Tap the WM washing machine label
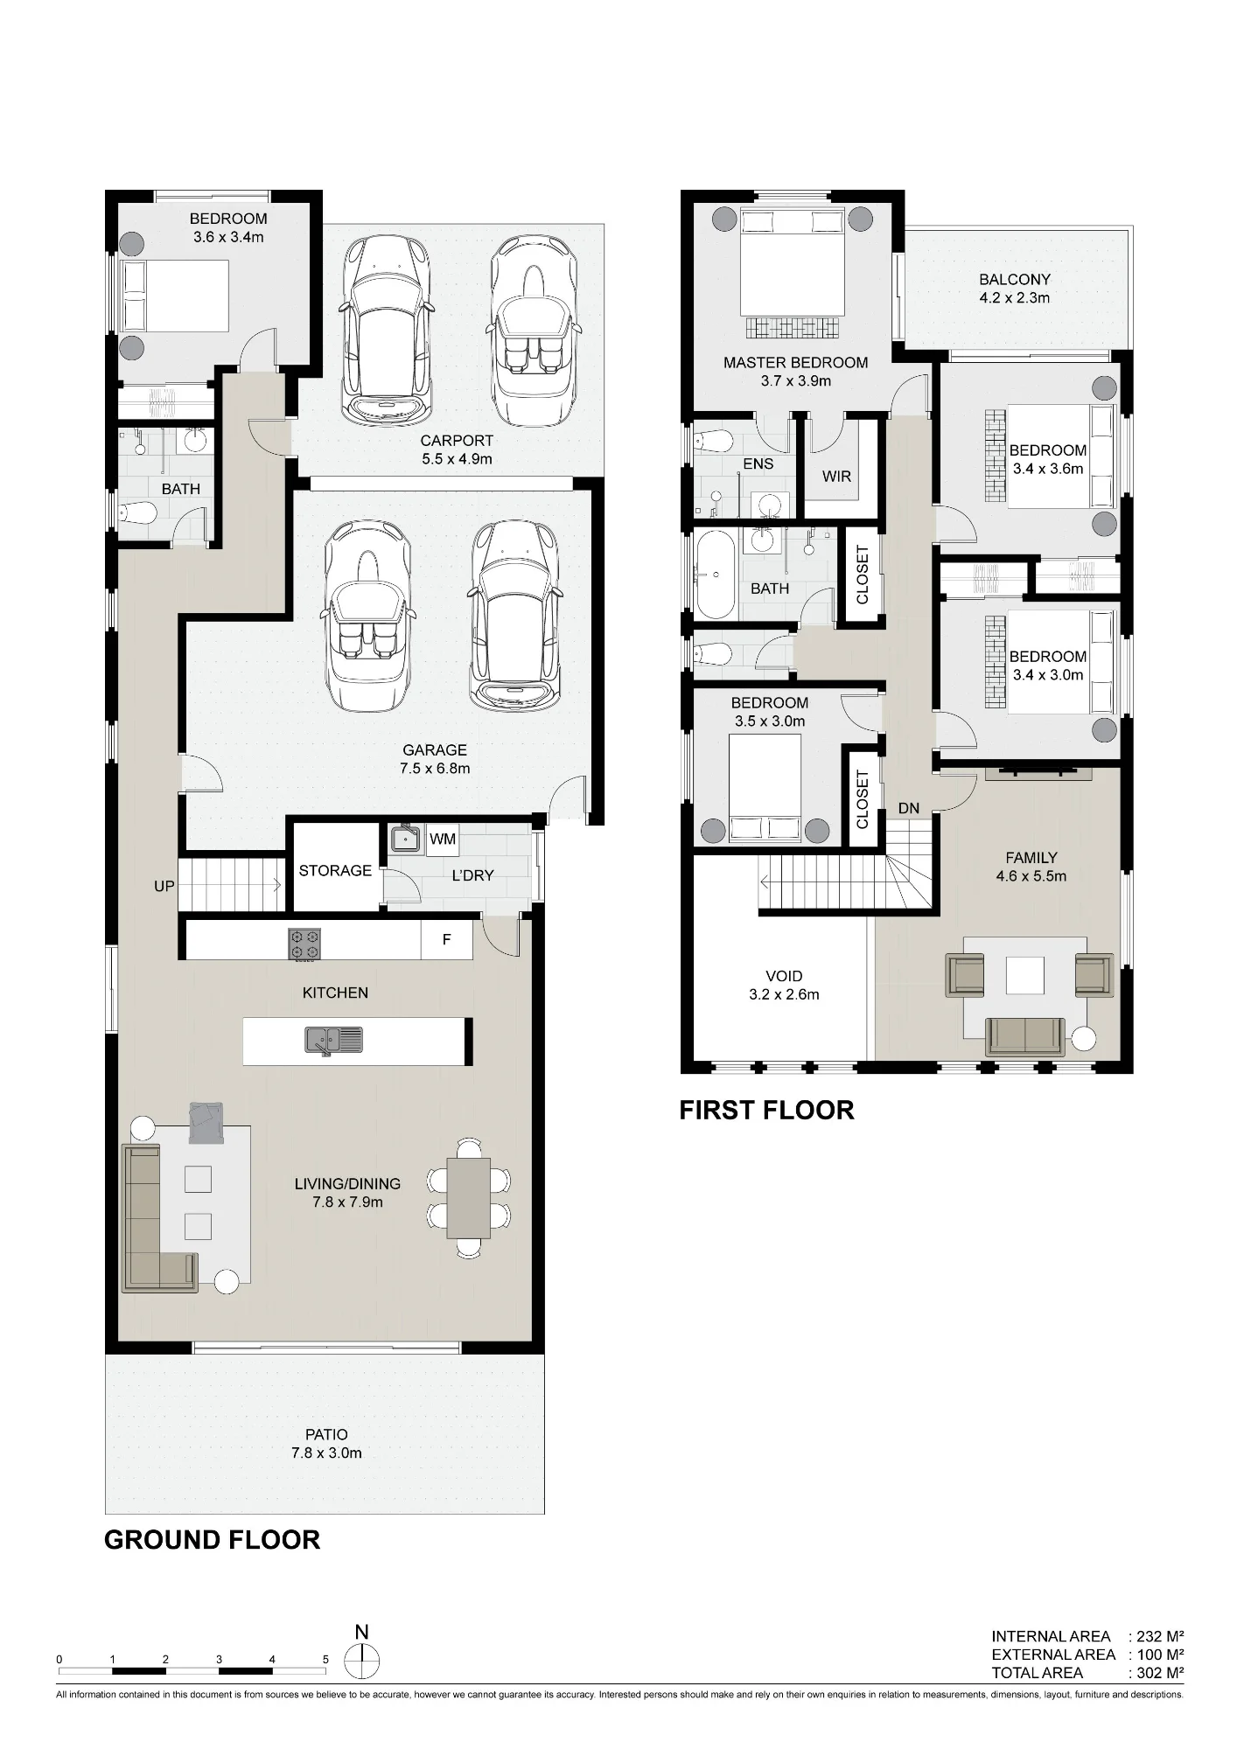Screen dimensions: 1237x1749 pos(443,840)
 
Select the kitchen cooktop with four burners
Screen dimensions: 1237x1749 pos(304,944)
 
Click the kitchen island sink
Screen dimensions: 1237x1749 pos(333,1040)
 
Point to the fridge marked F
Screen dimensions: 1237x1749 pos(446,940)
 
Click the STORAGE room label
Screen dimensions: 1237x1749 pos(335,870)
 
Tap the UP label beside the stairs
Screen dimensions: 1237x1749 pos(164,886)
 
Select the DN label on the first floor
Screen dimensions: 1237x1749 pos(909,808)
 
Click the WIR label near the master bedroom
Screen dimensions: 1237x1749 pos(836,477)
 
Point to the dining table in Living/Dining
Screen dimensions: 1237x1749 pos(469,1197)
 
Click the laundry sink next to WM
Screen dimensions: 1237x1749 pos(405,838)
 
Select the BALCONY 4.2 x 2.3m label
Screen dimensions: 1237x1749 pos(1015,289)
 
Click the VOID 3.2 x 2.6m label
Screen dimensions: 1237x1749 pos(784,985)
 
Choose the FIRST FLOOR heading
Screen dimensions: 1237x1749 pos(767,1110)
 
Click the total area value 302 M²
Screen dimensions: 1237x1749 pos(1161,1673)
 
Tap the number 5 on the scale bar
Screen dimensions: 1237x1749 pos(325,1659)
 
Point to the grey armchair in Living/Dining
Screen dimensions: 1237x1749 pos(206,1123)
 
